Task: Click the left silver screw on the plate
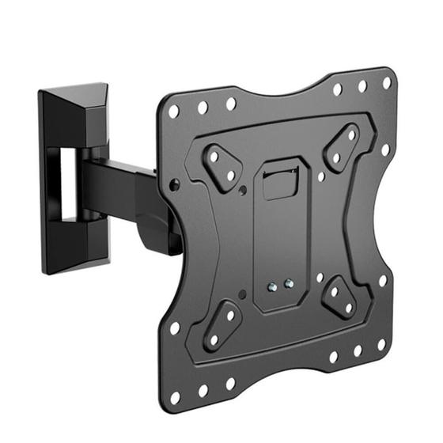(272, 288)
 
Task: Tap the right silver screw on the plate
(287, 282)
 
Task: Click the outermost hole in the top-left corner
(173, 112)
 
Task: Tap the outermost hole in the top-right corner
(387, 83)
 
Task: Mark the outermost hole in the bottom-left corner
(175, 398)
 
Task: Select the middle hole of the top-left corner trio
(203, 108)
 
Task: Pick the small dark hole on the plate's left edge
(175, 185)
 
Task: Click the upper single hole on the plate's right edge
(385, 150)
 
